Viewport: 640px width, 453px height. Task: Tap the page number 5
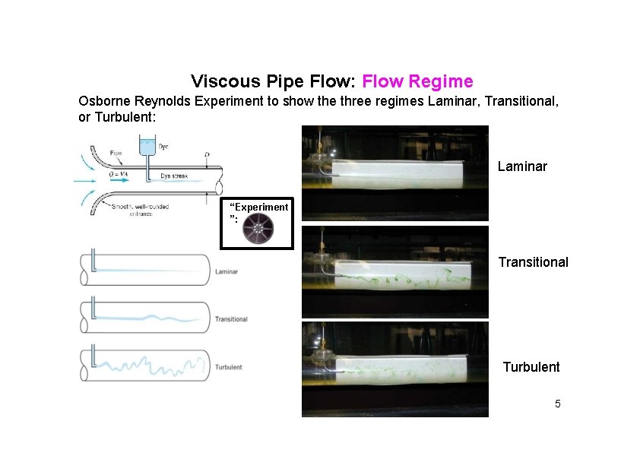(557, 404)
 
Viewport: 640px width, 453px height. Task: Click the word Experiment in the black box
(260, 207)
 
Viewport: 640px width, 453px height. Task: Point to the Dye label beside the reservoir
(163, 146)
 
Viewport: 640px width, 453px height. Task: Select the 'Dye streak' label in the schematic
(174, 176)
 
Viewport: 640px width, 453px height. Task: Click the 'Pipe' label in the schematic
(116, 153)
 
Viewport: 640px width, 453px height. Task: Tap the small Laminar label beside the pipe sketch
(227, 271)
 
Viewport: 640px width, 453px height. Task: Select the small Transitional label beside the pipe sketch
(231, 319)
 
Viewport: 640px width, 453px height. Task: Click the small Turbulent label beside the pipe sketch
(228, 367)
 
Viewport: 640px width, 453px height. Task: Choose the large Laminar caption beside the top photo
(522, 166)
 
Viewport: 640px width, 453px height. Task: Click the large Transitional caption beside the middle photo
(533, 262)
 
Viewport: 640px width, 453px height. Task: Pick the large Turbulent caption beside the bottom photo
(531, 367)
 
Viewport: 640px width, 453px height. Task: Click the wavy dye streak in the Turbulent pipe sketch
(144, 366)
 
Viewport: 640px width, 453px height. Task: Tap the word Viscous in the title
(220, 81)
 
